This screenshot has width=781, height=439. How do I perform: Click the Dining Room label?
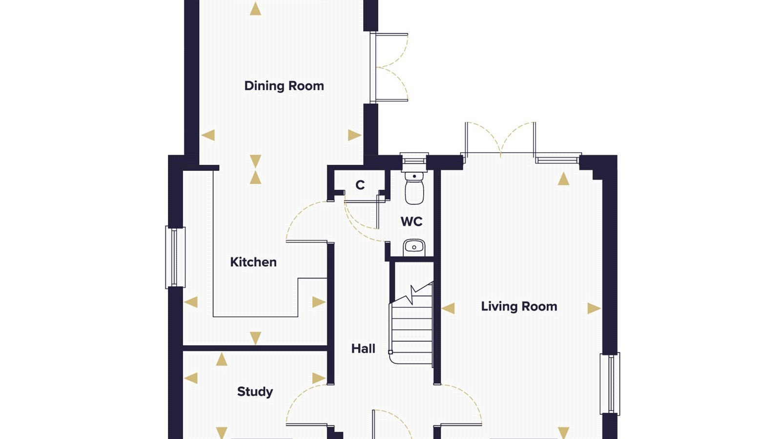[284, 86]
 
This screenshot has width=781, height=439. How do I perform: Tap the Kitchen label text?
[253, 262]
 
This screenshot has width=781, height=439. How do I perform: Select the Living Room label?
[519, 307]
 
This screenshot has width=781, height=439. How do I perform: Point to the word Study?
[255, 392]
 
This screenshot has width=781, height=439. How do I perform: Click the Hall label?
[363, 348]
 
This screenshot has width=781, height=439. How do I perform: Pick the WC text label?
[411, 221]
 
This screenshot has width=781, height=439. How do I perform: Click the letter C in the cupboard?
[360, 185]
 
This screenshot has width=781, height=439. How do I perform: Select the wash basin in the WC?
[414, 248]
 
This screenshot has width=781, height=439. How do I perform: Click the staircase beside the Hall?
[411, 324]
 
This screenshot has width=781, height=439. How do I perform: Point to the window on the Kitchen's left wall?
[175, 258]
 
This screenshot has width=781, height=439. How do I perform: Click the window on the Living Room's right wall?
[610, 383]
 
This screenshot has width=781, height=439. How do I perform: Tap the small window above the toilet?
[414, 160]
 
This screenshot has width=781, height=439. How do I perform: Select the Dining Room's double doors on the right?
[389, 67]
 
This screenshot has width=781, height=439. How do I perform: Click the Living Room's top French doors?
[500, 141]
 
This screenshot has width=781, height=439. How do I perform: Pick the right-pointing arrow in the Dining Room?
[354, 135]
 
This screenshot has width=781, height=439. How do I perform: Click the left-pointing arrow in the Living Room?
[448, 308]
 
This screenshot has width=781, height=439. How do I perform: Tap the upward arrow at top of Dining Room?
[256, 9]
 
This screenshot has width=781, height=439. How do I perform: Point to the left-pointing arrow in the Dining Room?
[208, 135]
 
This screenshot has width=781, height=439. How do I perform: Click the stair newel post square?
[390, 352]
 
